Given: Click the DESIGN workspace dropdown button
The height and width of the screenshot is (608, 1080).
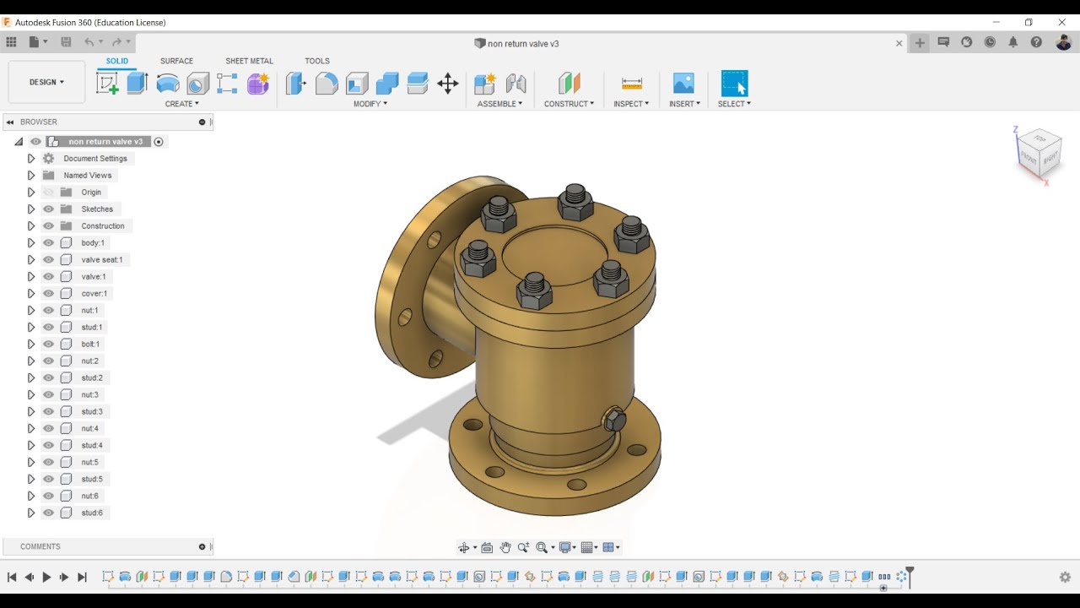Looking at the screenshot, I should pyautogui.click(x=46, y=82).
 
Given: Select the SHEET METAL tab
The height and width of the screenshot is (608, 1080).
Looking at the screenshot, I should pyautogui.click(x=249, y=61).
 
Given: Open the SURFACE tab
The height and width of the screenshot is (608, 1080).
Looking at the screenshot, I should pyautogui.click(x=176, y=61).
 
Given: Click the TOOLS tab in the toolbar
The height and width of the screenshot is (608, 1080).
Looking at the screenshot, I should pyautogui.click(x=317, y=61).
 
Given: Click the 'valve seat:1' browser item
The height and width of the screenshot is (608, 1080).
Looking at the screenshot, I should pyautogui.click(x=101, y=259).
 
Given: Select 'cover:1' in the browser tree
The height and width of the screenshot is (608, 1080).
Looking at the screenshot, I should pyautogui.click(x=94, y=293).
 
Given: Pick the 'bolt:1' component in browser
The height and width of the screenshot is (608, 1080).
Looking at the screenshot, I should pyautogui.click(x=90, y=344).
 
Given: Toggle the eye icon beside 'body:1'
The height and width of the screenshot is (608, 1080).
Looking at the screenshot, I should pyautogui.click(x=48, y=242).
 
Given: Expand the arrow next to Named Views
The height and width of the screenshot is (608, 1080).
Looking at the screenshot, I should pyautogui.click(x=31, y=175).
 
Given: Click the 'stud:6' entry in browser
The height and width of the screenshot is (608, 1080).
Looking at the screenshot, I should pyautogui.click(x=92, y=513).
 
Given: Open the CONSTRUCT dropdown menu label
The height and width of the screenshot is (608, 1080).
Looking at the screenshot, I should pyautogui.click(x=569, y=104).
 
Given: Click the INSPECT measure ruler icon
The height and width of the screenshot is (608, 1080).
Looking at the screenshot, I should pyautogui.click(x=631, y=83).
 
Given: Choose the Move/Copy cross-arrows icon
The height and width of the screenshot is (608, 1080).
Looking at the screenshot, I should pyautogui.click(x=448, y=83).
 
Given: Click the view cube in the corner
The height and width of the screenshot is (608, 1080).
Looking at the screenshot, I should pyautogui.click(x=1038, y=153).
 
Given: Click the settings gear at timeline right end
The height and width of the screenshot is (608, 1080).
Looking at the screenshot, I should pyautogui.click(x=1065, y=577).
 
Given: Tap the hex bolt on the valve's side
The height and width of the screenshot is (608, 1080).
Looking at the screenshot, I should pyautogui.click(x=614, y=420).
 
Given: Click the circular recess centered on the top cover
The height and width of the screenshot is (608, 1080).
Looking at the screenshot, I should pyautogui.click(x=554, y=253).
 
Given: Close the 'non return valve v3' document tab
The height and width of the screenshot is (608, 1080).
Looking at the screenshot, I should pyautogui.click(x=899, y=43).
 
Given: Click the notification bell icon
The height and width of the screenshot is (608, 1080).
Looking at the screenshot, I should pyautogui.click(x=1012, y=42).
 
